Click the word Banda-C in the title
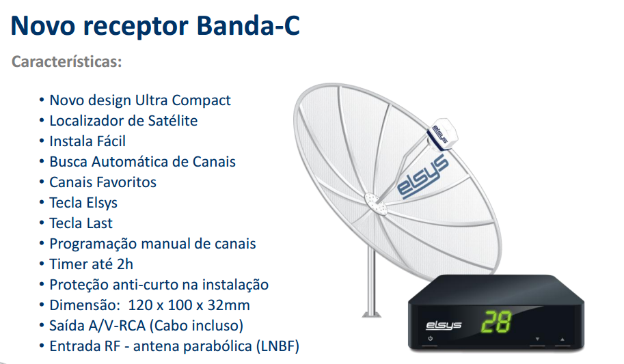248,26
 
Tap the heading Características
67,61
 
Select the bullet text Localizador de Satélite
124,121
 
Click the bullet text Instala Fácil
87,141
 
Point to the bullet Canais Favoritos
103,182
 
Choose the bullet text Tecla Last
81,223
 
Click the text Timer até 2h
91,264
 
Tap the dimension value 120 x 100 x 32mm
189,305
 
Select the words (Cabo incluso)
197,326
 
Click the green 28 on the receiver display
496,321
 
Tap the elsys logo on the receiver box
444,325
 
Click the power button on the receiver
430,339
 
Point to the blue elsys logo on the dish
422,177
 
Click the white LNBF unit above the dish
442,134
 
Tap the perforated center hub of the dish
376,204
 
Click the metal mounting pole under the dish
371,283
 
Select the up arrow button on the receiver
562,339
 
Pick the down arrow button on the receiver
537,339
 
